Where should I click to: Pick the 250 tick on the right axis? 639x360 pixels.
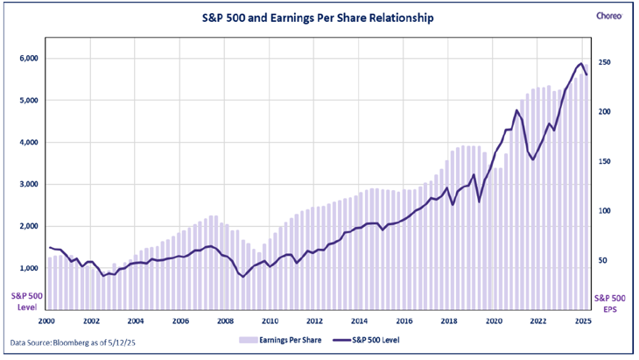[x=604, y=63]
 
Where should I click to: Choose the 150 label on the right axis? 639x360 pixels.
[x=604, y=162]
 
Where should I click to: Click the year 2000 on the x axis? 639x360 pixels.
[x=47, y=321]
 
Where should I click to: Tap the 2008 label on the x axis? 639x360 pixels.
[x=226, y=321]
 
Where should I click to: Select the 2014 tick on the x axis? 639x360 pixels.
[x=360, y=321]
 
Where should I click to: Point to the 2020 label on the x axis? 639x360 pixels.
[x=494, y=321]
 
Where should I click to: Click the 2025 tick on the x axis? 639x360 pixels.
[x=583, y=321]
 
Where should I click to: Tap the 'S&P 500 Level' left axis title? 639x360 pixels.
[x=23, y=301]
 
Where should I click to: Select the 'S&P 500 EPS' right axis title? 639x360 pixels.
[x=609, y=302]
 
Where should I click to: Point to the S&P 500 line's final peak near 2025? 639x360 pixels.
[x=579, y=64]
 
